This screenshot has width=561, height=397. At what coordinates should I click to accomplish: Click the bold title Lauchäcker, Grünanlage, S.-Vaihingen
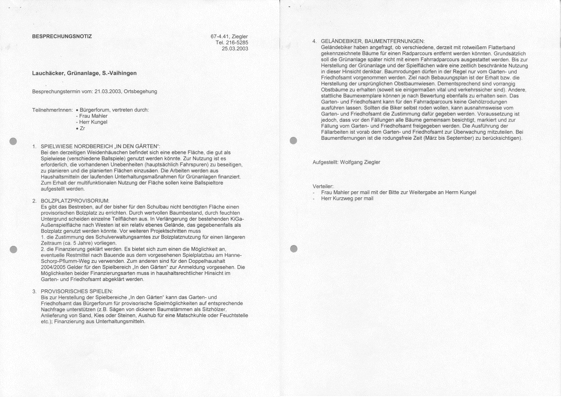pyautogui.click(x=84, y=73)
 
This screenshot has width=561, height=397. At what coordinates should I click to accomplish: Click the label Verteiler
pyautogui.click(x=323, y=187)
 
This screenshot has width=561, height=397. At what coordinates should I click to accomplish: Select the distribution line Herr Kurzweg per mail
pyautogui.click(x=347, y=198)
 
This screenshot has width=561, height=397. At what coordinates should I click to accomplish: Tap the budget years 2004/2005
pyautogui.click(x=56, y=267)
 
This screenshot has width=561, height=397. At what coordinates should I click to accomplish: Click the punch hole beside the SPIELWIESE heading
pyautogui.click(x=14, y=141)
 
